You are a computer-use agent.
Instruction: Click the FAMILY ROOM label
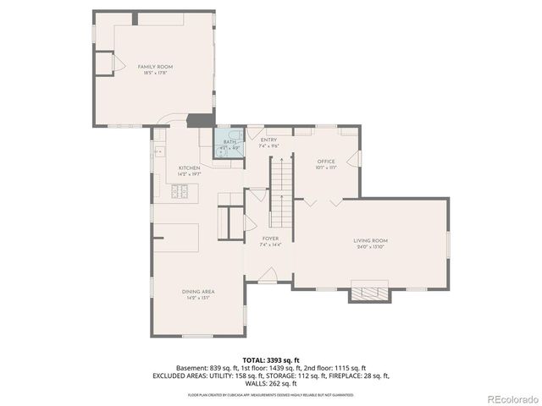[155, 66]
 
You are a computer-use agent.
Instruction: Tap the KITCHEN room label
[189, 168]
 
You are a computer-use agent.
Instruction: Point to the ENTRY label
[269, 140]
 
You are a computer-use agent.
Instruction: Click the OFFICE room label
[326, 161]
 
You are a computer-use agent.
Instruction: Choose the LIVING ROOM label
[370, 240]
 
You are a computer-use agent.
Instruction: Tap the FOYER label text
[270, 239]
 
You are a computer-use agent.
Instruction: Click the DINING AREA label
[197, 292]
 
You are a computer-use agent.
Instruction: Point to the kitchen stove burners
[180, 194]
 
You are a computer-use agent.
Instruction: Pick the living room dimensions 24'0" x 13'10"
[370, 247]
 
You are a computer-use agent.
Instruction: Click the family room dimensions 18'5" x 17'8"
[155, 73]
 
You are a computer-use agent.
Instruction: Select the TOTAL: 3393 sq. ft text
[271, 359]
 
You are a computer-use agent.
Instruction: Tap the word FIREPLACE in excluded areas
[335, 376]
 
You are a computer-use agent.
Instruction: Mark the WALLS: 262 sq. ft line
[271, 383]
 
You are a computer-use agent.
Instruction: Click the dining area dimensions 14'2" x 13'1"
[197, 298]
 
